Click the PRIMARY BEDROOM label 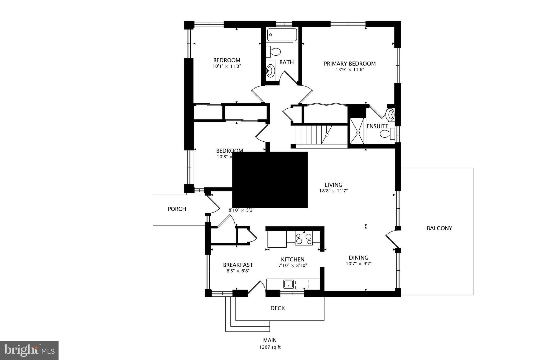click(x=350, y=64)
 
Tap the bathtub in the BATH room click(x=282, y=35)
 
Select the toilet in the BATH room click(x=274, y=52)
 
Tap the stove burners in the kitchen click(x=303, y=238)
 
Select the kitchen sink click(x=288, y=284)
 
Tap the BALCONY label click(x=439, y=228)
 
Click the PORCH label click(x=177, y=209)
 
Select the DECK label click(x=278, y=308)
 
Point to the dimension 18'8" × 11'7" click(x=334, y=191)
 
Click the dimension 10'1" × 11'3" click(x=227, y=66)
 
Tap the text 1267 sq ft click(x=270, y=347)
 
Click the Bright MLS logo click(x=29, y=350)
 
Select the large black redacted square click(x=270, y=180)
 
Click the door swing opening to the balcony click(x=392, y=239)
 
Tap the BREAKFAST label click(x=238, y=265)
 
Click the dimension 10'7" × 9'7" click(x=359, y=263)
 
